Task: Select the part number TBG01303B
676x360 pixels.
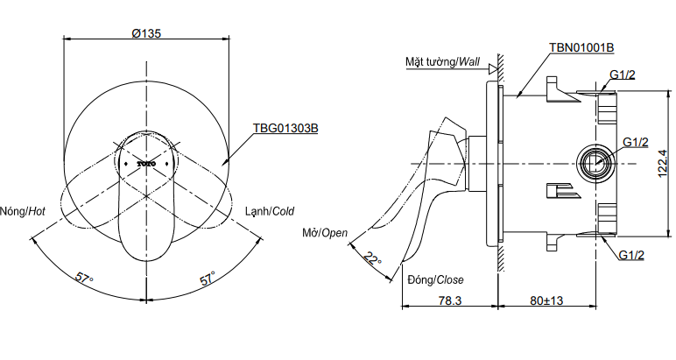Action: [x=285, y=128]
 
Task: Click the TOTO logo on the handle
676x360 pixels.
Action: [x=145, y=163]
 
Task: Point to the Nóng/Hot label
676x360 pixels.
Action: [x=25, y=211]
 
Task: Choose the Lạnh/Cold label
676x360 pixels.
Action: [x=268, y=211]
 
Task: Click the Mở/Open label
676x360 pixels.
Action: [x=327, y=233]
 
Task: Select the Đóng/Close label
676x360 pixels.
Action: [x=435, y=280]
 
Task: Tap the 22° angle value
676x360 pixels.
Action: [x=374, y=260]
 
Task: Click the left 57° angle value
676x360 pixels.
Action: [x=84, y=279]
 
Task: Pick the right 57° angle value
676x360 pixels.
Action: [x=208, y=279]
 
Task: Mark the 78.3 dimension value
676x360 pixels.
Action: [x=450, y=300]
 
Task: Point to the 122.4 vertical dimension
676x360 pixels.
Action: [x=663, y=162]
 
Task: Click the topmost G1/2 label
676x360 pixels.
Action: [x=623, y=74]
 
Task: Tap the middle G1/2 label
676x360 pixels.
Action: [x=635, y=142]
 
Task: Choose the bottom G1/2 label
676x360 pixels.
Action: [x=631, y=255]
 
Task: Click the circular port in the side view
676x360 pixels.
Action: [x=597, y=162]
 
